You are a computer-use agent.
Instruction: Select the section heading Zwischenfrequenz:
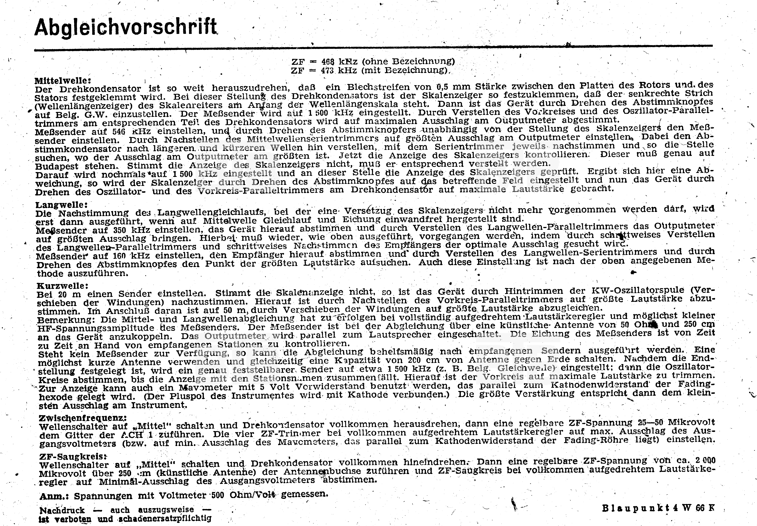(x=82, y=418)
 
